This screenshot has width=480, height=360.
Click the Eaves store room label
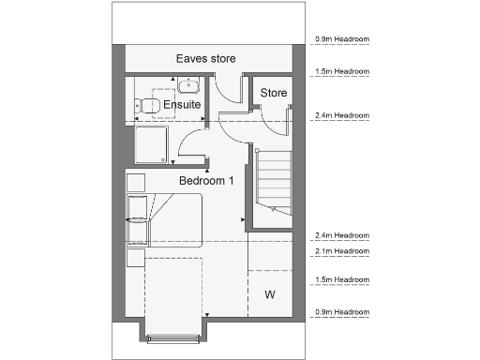[x=205, y=59]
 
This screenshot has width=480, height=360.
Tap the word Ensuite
[x=182, y=105]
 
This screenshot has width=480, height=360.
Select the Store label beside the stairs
[x=273, y=93]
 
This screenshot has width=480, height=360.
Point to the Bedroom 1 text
[x=207, y=180]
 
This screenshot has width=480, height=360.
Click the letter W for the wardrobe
[x=269, y=294]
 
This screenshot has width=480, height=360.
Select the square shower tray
[x=154, y=147]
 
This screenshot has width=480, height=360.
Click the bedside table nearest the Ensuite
[x=136, y=181]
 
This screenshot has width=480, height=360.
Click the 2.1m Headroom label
[x=340, y=251]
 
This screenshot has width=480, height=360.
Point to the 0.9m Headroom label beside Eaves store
[x=340, y=40]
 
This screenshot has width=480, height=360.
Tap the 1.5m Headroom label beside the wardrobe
[x=340, y=279]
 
